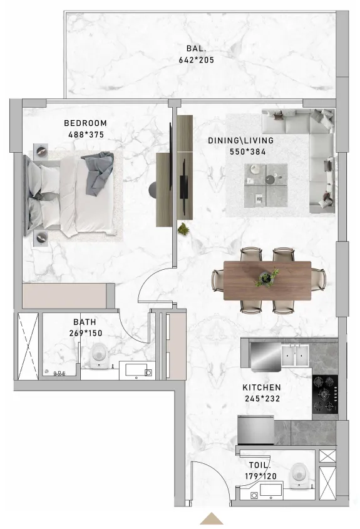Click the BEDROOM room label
pyautogui.click(x=86, y=123)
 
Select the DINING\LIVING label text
pyautogui.click(x=241, y=141)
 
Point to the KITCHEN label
pyautogui.click(x=262, y=388)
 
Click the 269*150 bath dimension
pyautogui.click(x=86, y=333)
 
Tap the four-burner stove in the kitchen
pyautogui.click(x=325, y=394)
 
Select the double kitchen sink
pyautogui.click(x=294, y=355)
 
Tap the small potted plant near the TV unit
pyautogui.click(x=183, y=229)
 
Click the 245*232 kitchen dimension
pyautogui.click(x=262, y=399)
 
